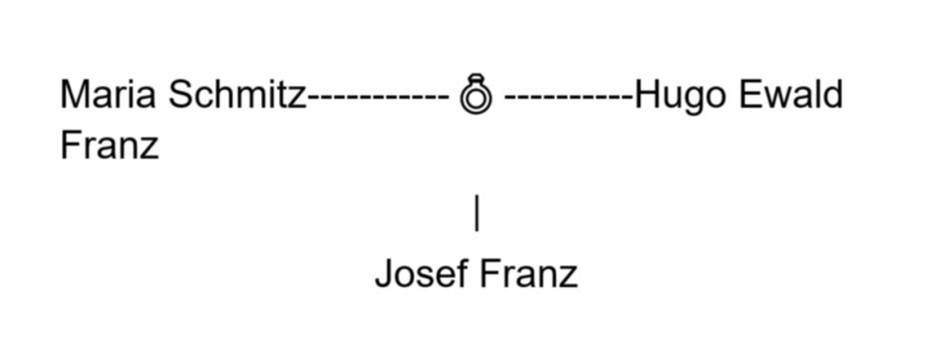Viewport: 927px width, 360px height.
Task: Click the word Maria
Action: point(109,95)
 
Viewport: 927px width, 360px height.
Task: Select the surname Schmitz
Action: point(237,95)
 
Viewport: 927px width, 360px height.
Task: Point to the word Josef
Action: point(422,272)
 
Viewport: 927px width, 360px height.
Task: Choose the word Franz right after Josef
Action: point(528,273)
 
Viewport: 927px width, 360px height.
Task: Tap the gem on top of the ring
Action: point(476,78)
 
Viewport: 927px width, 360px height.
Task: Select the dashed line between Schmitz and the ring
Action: point(379,98)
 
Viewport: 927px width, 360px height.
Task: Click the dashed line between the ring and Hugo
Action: point(569,98)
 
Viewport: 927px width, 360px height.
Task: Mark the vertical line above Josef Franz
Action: point(476,213)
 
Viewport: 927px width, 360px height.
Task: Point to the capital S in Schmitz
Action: point(181,95)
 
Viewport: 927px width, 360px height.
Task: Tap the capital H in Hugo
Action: point(647,95)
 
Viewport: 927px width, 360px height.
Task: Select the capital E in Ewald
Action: point(751,95)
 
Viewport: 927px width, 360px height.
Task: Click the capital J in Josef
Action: point(385,273)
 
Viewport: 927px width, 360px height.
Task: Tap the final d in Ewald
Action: point(832,95)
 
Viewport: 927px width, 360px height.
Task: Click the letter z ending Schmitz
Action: point(297,99)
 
